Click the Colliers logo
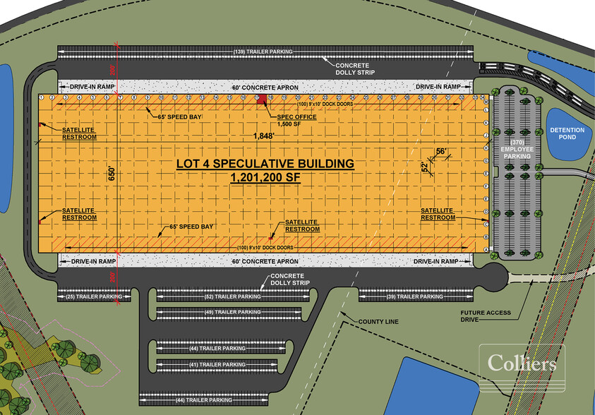coord(522,363)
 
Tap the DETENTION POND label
coord(563,132)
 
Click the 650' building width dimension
coord(111,174)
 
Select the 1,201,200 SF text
coord(265,179)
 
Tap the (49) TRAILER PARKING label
coord(233,311)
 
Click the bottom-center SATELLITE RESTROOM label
coord(301,226)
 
